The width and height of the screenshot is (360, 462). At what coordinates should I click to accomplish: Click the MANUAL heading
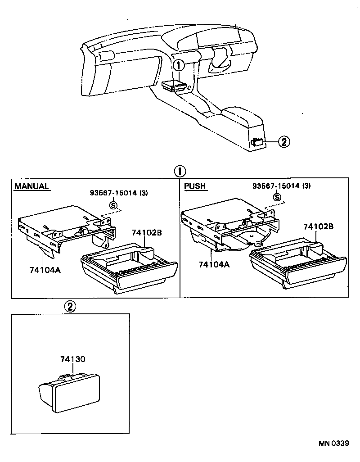coord(31,186)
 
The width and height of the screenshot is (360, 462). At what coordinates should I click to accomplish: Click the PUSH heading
coord(195,186)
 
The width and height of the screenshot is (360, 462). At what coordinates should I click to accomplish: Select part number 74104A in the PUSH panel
coord(214,265)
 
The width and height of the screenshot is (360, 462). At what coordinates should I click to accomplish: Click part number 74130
coord(72,359)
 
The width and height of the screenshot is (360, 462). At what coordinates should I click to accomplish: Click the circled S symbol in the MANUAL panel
coord(114,204)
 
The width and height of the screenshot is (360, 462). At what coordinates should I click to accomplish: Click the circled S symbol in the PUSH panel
coord(277,197)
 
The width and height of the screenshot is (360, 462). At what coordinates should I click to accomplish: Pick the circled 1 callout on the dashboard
coord(179,65)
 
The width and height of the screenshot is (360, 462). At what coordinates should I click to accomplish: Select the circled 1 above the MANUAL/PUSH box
coord(179,171)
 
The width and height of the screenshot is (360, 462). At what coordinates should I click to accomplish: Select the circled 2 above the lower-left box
coord(70,307)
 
